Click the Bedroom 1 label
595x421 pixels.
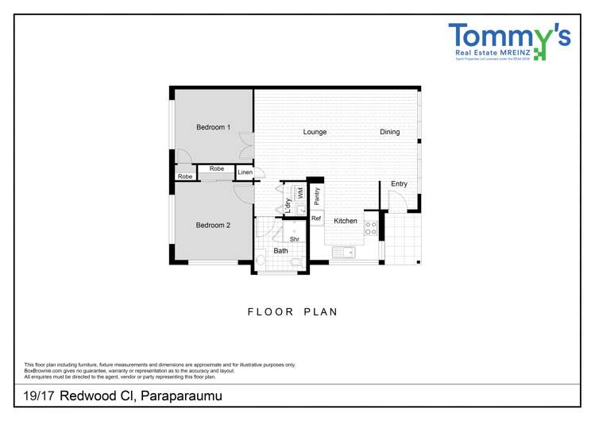tap(213, 127)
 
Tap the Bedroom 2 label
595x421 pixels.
tap(213, 226)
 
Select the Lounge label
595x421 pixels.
tap(315, 132)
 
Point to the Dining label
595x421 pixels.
tap(389, 132)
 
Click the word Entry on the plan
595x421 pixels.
tap(399, 184)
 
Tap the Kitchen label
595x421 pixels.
tap(345, 221)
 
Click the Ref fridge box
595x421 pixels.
tap(316, 218)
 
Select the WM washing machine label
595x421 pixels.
tap(300, 193)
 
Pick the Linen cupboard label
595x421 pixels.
tap(245, 172)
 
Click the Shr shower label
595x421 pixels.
tap(294, 239)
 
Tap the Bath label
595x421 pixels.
tap(281, 251)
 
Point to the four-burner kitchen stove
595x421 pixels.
tap(370, 228)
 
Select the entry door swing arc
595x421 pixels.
tap(397, 202)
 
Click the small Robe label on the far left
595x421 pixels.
tap(184, 176)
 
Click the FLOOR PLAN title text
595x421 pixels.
tap(292, 312)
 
